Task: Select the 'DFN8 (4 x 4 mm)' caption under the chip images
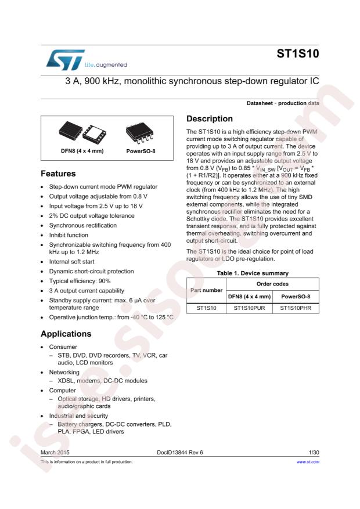pos(82,151)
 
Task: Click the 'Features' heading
pos(59,174)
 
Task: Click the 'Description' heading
pos(210,119)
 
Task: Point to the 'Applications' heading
pos(66,334)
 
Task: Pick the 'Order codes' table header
pos(272,284)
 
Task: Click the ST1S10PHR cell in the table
pos(296,309)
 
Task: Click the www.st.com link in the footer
pos(308,462)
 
